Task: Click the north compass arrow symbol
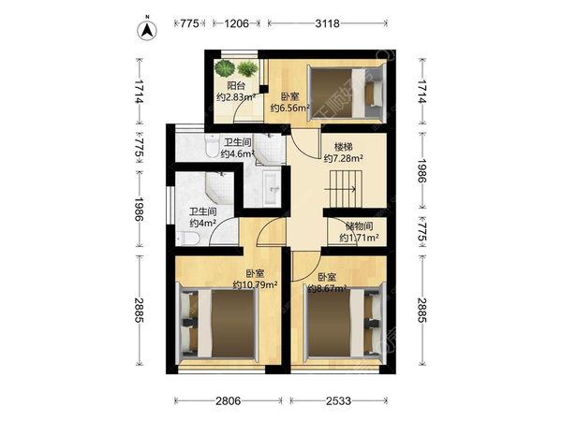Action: click(x=147, y=31)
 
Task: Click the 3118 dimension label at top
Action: click(x=327, y=23)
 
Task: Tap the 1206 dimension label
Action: click(x=236, y=23)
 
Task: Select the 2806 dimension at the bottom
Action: click(x=228, y=401)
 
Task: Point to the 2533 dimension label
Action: click(x=338, y=401)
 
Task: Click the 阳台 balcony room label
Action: click(x=236, y=86)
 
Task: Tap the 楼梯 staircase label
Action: click(x=344, y=147)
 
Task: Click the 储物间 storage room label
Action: click(x=359, y=226)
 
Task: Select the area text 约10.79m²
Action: click(x=255, y=285)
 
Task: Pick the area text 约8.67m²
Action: click(x=327, y=288)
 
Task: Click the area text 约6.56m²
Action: click(x=289, y=108)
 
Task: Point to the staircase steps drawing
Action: click(x=344, y=189)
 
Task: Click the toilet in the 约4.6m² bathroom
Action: click(x=212, y=145)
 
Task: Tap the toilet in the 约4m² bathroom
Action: click(x=187, y=238)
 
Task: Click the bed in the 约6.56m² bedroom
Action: click(x=347, y=93)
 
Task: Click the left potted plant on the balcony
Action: click(x=225, y=68)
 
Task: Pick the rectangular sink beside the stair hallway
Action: click(x=272, y=188)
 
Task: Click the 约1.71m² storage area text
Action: click(x=359, y=238)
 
